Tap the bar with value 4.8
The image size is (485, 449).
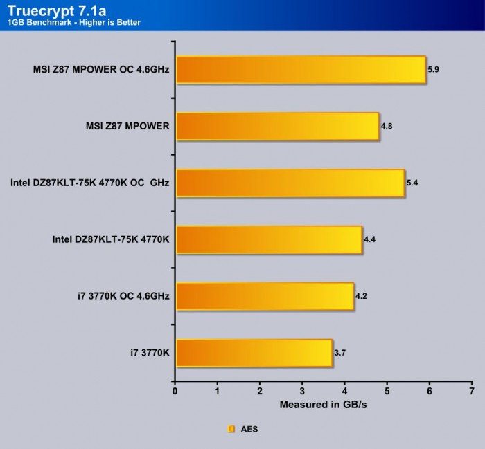coord(277,127)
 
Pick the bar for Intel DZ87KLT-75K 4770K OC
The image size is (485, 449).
coord(290,183)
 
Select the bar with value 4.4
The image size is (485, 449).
coord(269,239)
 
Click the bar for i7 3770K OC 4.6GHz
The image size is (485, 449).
coord(265,296)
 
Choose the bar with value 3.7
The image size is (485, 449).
coord(254,353)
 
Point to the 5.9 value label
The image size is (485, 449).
coord(434,70)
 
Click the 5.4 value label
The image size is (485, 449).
coord(412,183)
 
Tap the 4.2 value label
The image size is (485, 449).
coord(361,296)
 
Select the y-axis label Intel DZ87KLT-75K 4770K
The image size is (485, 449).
coord(111,239)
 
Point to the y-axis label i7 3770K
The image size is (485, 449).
coord(150,353)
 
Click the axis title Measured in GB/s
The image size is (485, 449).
coord(323,404)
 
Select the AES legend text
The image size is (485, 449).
coord(249,429)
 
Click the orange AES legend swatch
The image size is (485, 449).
coord(231,429)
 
